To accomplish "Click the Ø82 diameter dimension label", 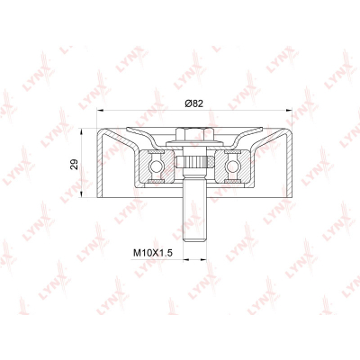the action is coord(194,103).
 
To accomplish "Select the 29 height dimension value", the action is coord(74,164).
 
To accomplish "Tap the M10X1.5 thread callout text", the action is coord(153,253).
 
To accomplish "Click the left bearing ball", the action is coord(156,166).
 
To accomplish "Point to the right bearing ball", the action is coord(232,166).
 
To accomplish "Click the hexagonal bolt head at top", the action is coord(194,134).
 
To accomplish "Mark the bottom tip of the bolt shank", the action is coord(195,241).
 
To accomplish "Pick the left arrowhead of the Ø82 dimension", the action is coord(100,111).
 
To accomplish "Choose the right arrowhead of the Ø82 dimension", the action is coord(289,111).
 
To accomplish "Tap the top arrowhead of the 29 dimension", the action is coord(81,131).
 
